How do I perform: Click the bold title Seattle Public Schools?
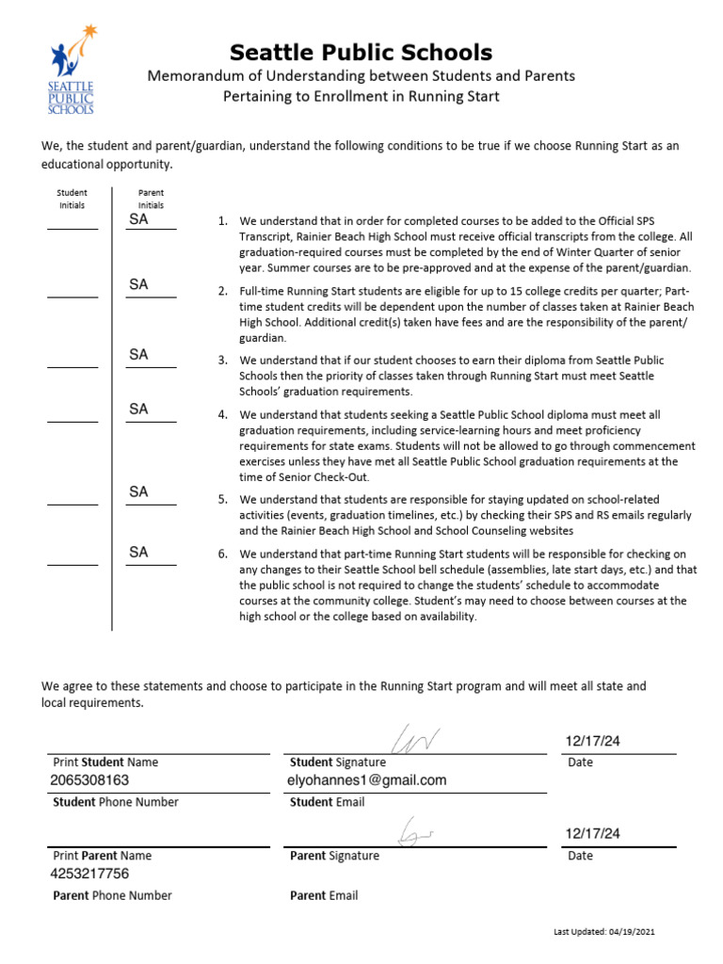coord(361,52)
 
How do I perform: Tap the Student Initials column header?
coord(72,199)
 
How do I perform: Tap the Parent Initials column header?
coord(151,199)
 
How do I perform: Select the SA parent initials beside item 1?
coord(138,219)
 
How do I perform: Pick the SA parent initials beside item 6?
coord(138,553)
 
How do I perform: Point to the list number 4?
coord(222,414)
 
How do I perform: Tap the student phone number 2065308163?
coord(89,780)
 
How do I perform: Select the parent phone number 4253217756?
coord(89,875)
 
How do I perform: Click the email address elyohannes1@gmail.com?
coord(367,780)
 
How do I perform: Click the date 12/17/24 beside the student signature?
coord(593,742)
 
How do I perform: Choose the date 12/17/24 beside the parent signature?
coord(593,834)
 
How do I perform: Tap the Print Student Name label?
coord(105,763)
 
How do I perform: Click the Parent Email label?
coord(324,896)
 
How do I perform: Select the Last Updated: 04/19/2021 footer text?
coord(603,931)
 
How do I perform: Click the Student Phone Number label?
coord(115,802)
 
